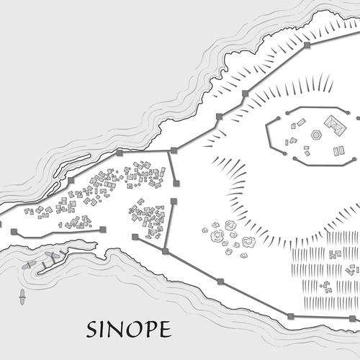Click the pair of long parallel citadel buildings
coord(338,150)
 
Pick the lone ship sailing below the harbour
coord(22,294)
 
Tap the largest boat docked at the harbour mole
coord(51,256)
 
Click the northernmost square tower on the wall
coord(307,45)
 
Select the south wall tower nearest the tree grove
coord(220,282)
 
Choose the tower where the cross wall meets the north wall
coord(173,150)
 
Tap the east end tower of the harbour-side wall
coord(103,230)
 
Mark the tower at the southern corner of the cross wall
coord(166,251)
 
